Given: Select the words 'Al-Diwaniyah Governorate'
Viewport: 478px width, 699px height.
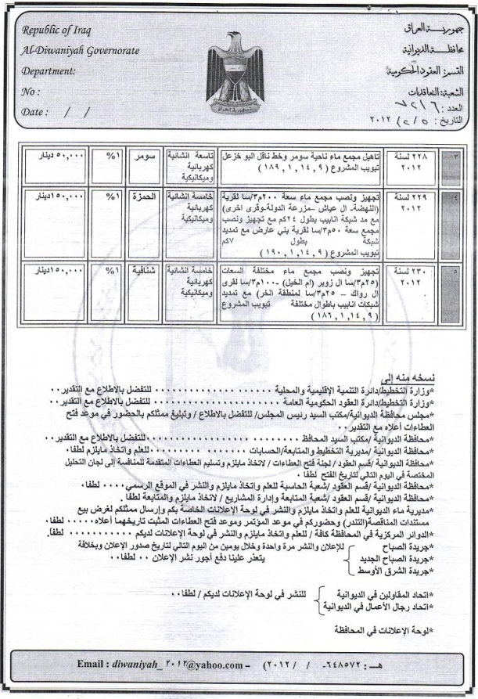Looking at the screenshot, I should point(81,51).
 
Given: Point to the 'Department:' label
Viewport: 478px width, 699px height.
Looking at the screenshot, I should point(49,71).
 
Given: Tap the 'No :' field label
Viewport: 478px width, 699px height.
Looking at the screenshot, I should point(31,91).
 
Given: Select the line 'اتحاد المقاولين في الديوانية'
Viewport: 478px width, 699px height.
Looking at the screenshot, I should point(400,595).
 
